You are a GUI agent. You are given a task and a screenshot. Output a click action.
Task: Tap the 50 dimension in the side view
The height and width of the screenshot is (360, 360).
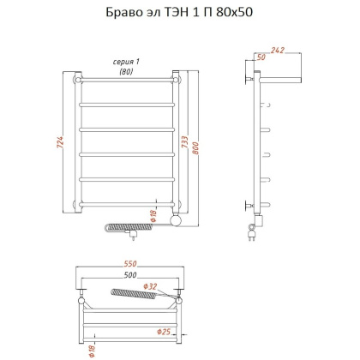tap(261, 57)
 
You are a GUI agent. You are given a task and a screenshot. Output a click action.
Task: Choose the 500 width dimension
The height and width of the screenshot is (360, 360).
tap(129, 277)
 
